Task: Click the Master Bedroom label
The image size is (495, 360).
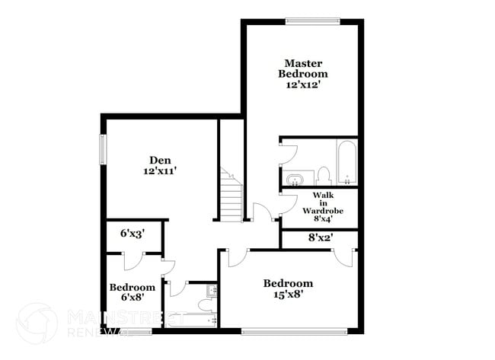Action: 306,68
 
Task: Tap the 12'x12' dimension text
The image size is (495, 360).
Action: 306,86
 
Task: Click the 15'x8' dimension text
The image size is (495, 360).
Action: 288,295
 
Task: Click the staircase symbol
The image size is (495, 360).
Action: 230,196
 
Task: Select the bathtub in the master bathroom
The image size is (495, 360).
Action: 346,162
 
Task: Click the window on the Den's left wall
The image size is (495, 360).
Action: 101,149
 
